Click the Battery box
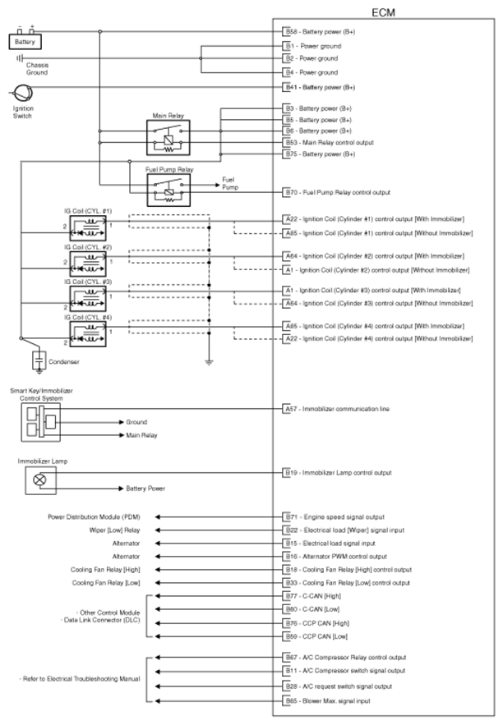(x=24, y=40)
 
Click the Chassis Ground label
(x=36, y=68)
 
